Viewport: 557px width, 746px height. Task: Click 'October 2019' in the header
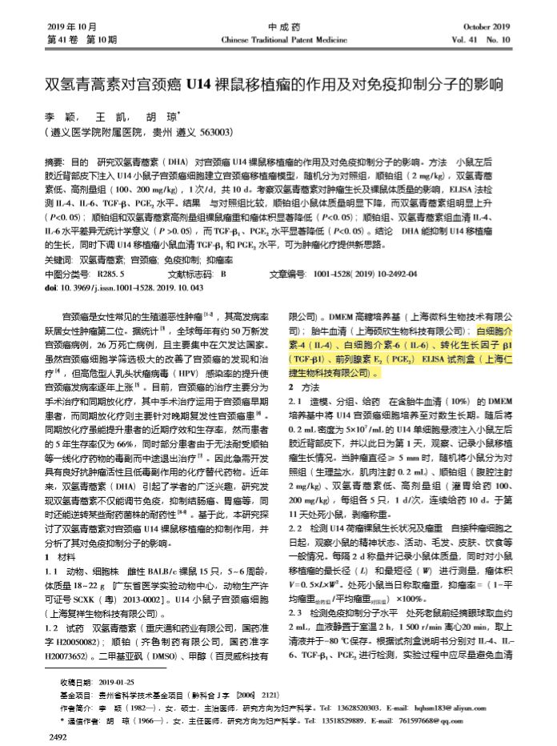(486, 26)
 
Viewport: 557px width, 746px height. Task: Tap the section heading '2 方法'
(302, 387)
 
